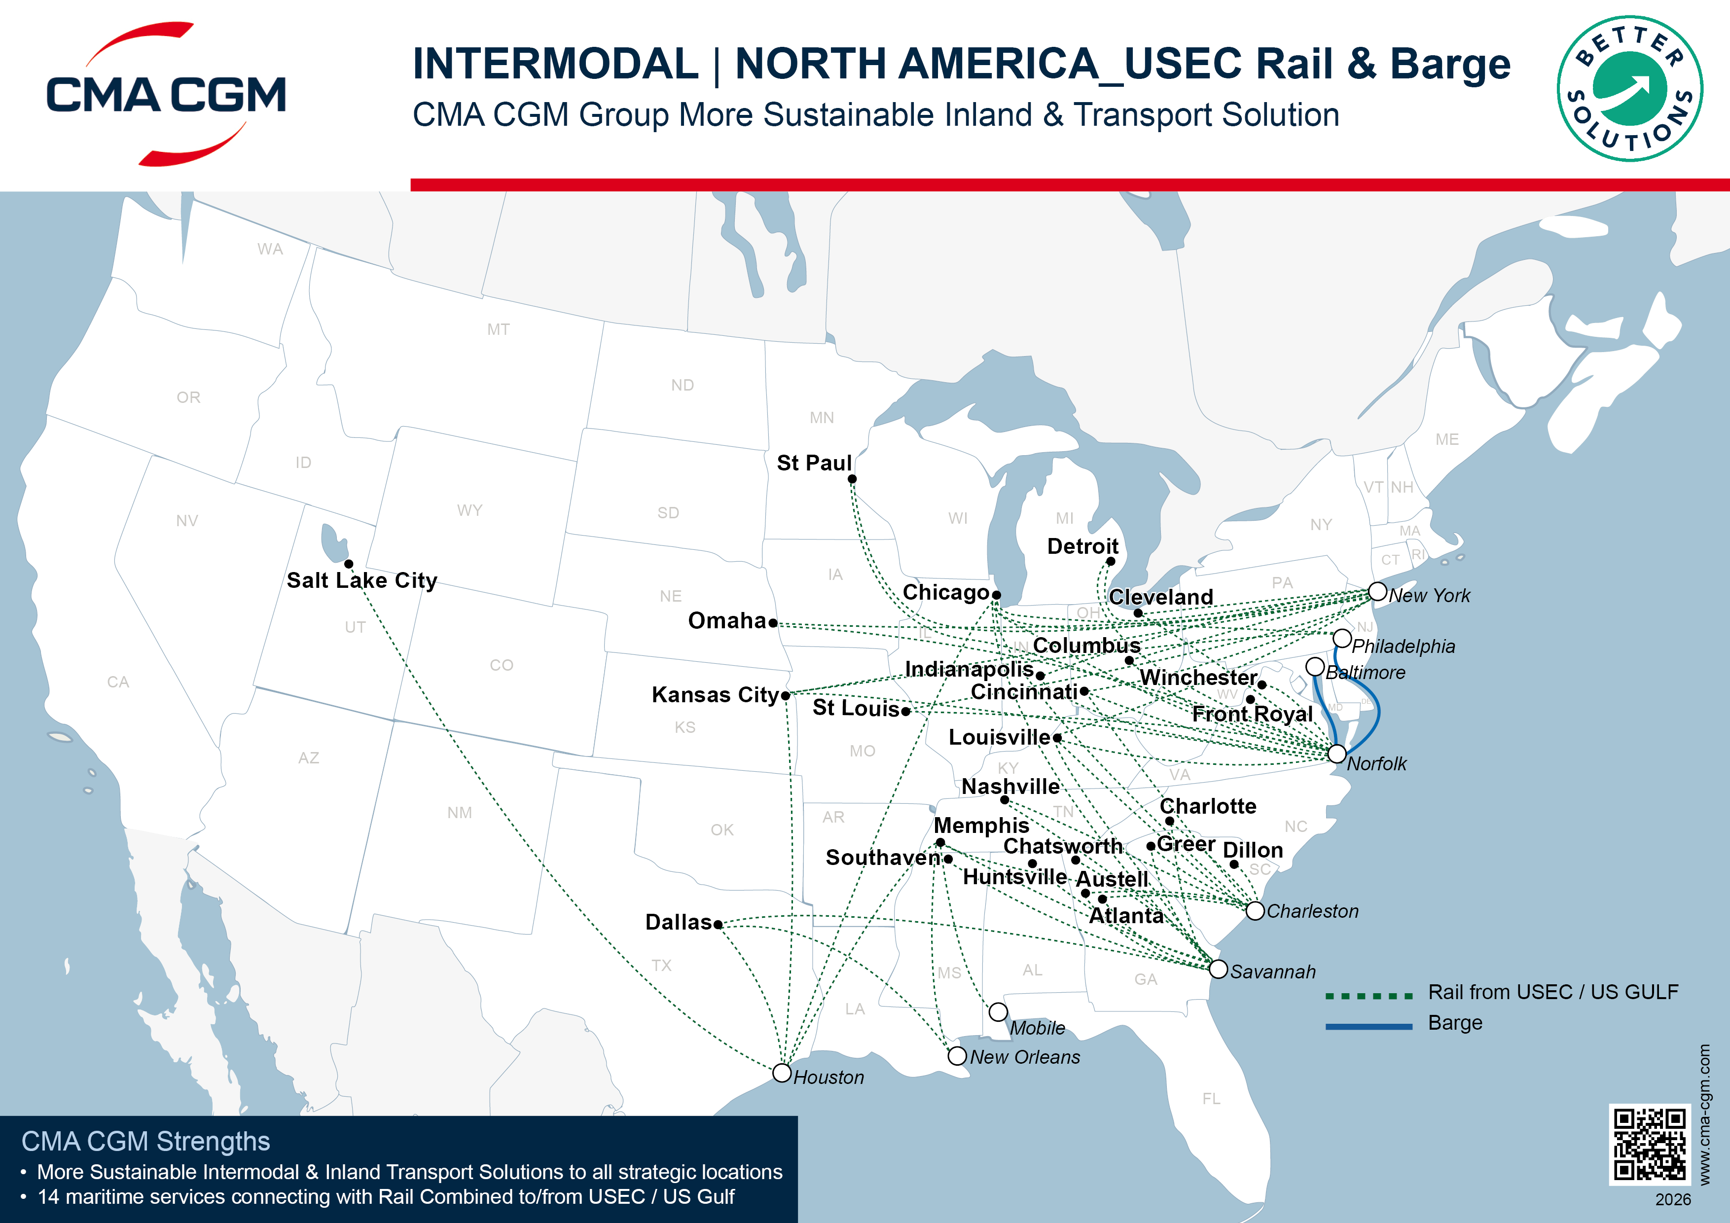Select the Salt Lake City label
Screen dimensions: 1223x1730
(361, 580)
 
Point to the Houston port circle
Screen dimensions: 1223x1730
(782, 1072)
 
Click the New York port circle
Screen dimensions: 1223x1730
(1377, 592)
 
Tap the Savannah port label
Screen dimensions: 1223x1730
(1273, 972)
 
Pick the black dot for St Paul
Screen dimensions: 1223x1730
(852, 479)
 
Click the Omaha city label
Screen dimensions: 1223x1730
(726, 621)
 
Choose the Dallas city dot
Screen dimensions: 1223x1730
(718, 924)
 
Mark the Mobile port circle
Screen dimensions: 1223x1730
(998, 1011)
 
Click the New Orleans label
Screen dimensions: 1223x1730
(1025, 1057)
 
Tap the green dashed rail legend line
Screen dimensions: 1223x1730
(1369, 996)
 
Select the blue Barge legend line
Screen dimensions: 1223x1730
(1369, 1026)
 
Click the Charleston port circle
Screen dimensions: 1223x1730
(1255, 911)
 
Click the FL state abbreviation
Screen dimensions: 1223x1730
(1211, 1099)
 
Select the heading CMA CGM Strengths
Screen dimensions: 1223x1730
(145, 1142)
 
